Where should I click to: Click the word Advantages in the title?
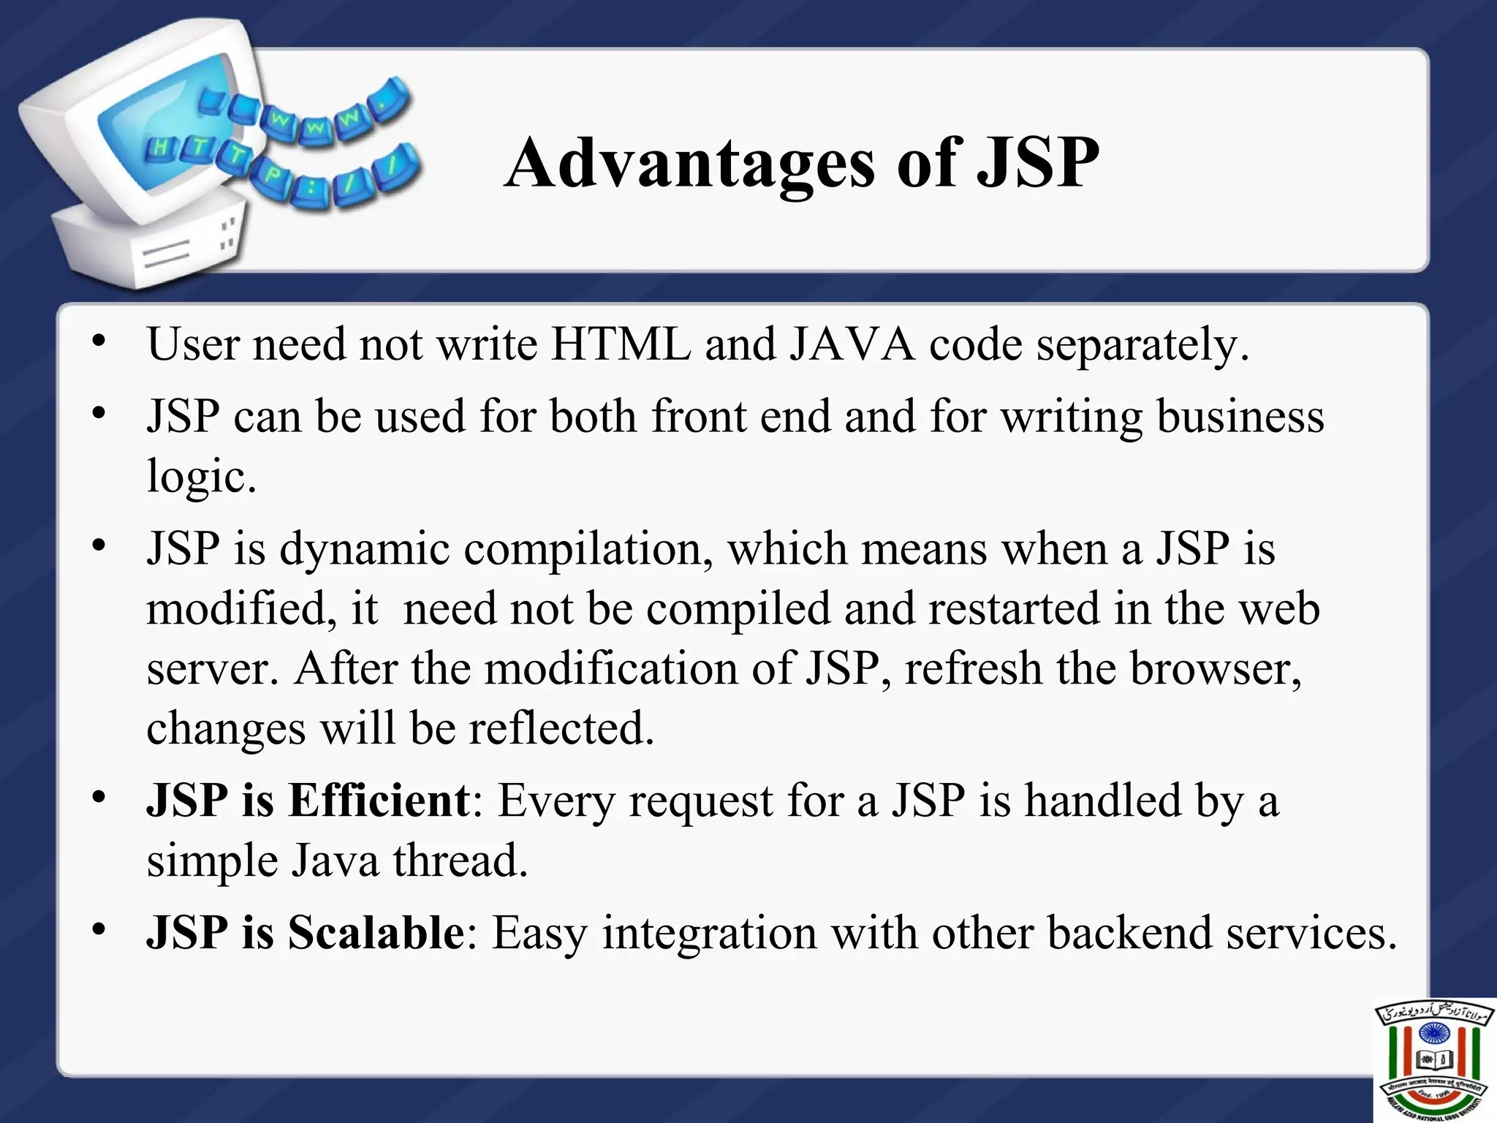coord(689,163)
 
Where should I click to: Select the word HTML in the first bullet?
coord(621,344)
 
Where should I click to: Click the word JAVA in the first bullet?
coord(852,344)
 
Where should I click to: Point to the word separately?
coord(1142,345)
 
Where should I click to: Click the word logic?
coord(201,477)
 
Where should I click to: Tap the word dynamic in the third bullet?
coord(364,549)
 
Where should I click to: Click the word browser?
coord(1215,668)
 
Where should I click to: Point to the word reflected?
coord(561,728)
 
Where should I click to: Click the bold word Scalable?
coord(376,932)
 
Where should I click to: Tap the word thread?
coord(460,861)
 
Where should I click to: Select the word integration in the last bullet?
coord(709,934)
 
